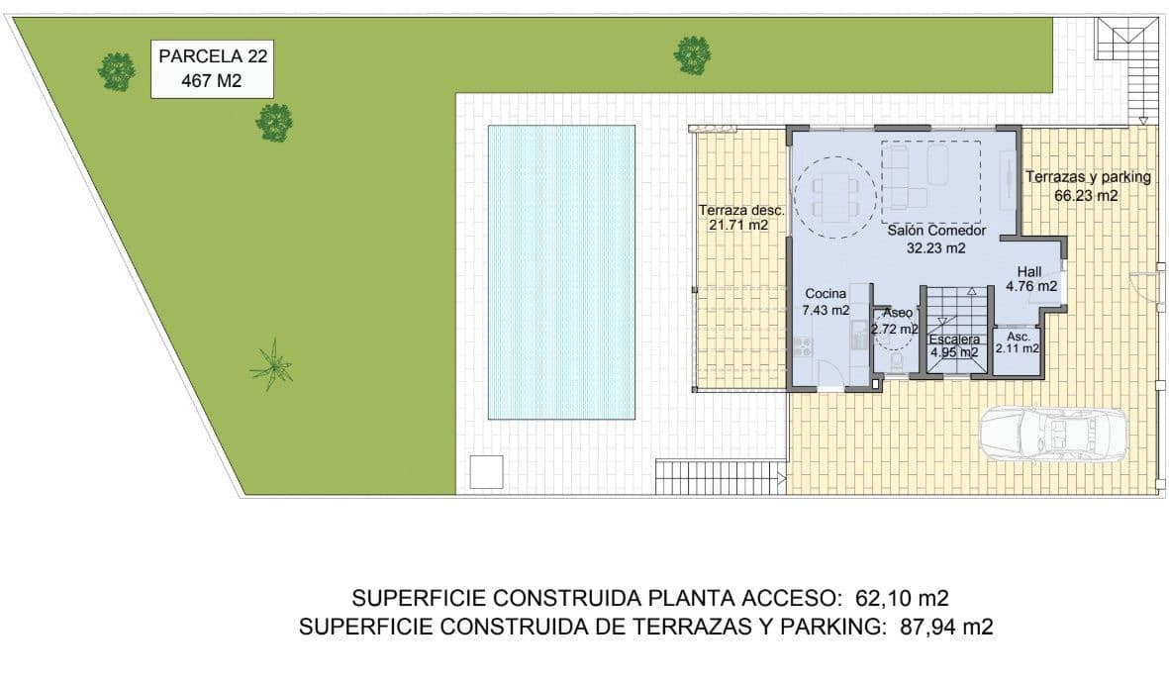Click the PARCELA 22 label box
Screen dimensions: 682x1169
point(212,68)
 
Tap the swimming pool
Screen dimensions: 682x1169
point(561,271)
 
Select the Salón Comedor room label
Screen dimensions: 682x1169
point(935,239)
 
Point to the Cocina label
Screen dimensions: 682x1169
point(825,302)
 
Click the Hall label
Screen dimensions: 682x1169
point(1030,278)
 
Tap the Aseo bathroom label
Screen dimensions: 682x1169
point(897,321)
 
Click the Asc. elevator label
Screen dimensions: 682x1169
point(1018,342)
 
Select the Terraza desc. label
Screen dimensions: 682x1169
point(740,217)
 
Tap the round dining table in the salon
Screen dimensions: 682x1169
point(837,196)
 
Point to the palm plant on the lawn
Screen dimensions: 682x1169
point(270,365)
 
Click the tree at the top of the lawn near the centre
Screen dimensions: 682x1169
point(692,54)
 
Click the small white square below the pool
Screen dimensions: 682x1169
point(486,471)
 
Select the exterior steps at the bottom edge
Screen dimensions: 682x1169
point(720,477)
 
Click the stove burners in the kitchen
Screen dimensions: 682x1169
point(803,346)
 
